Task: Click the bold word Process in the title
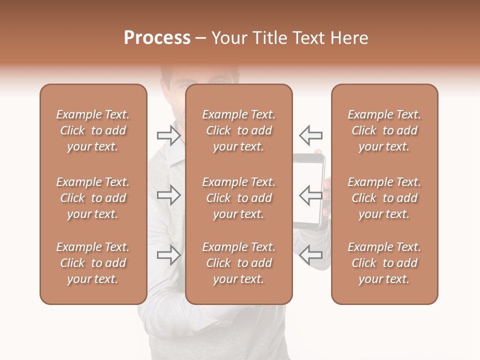[157, 38]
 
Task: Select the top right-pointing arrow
[168, 135]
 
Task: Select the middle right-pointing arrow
[168, 195]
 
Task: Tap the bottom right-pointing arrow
[168, 255]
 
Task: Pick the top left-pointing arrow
[311, 135]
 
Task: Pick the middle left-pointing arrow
[311, 195]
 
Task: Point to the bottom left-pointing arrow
[311, 255]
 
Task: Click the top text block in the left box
[93, 130]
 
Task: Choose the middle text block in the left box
[93, 198]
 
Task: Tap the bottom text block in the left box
[93, 263]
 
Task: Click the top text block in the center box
[239, 130]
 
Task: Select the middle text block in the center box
[239, 198]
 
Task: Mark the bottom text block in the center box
[239, 263]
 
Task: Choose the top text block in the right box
[384, 130]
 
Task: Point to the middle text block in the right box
[384, 198]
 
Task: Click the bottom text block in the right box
[384, 263]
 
